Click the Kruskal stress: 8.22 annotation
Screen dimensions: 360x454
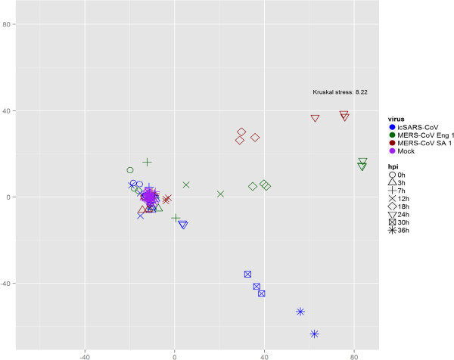click(x=340, y=92)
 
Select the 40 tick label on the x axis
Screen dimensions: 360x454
click(x=264, y=352)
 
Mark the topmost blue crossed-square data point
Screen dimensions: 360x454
click(x=247, y=274)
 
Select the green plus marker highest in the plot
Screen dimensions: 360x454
click(x=148, y=162)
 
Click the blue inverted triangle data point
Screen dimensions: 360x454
click(x=183, y=225)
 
